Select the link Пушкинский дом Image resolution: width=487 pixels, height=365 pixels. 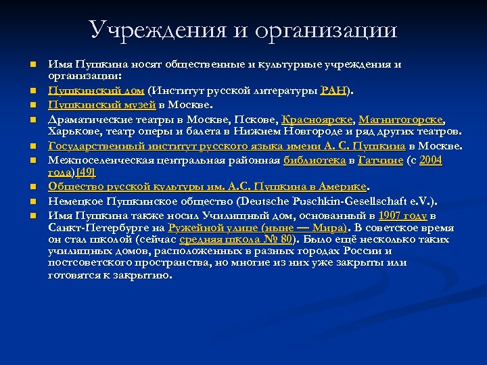[95, 90]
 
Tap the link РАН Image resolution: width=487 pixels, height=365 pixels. [333, 90]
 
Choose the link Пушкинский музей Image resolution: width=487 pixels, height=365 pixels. [101, 105]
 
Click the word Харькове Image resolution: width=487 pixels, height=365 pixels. [74, 130]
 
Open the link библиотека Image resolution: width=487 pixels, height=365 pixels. [313, 160]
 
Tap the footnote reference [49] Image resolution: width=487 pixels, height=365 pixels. [85, 172]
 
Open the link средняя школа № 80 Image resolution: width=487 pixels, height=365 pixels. [237, 239]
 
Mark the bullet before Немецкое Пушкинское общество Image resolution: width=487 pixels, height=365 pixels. [32, 201]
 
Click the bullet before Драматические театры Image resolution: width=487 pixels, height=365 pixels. [32, 120]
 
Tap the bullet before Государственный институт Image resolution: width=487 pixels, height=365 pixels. [32, 145]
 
